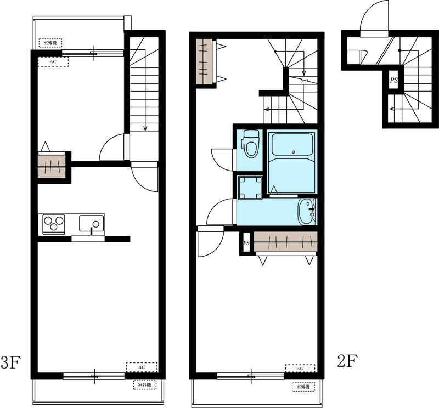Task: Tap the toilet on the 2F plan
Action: (250, 143)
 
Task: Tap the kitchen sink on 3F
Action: (91, 224)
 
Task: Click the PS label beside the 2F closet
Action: (246, 243)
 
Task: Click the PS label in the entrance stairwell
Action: (393, 80)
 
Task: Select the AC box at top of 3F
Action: (53, 61)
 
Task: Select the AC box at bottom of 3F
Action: (142, 366)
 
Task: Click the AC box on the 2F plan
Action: (300, 369)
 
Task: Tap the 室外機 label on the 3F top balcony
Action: (50, 42)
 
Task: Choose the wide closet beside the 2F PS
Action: (286, 241)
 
